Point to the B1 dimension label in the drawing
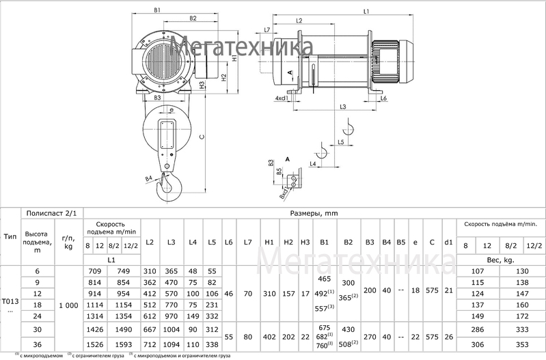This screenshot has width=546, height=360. point(158,11)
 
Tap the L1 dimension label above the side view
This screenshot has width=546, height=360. point(366,12)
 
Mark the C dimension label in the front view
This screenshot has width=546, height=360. point(201,136)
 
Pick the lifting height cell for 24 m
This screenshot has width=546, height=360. point(37,316)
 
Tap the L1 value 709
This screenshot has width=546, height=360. point(97,271)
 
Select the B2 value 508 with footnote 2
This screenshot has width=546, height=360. point(348,344)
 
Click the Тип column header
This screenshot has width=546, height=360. point(10,236)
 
